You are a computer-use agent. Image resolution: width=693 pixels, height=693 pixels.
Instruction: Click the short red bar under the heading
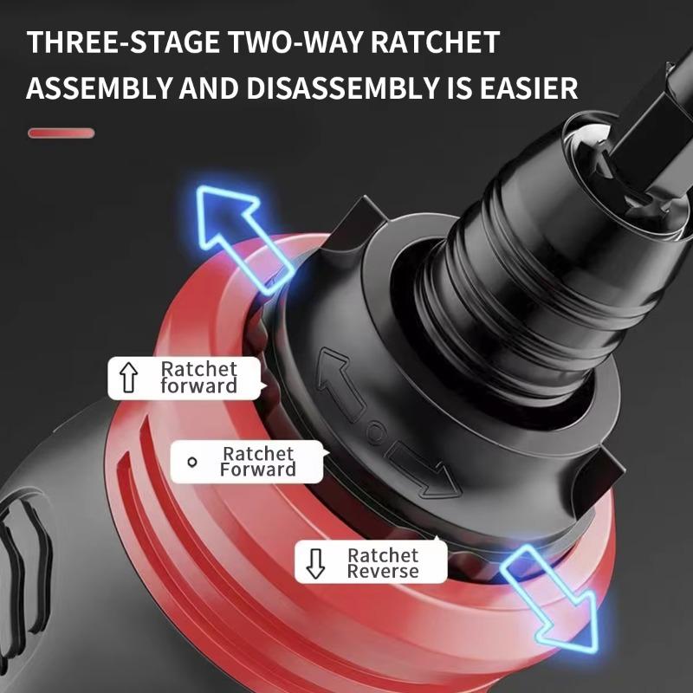point(61,133)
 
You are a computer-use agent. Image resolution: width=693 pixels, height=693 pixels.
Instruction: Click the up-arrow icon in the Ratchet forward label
point(129,379)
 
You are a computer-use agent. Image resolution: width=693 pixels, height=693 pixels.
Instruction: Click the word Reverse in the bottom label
point(383,572)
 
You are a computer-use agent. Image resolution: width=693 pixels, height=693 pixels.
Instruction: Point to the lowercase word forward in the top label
point(198,386)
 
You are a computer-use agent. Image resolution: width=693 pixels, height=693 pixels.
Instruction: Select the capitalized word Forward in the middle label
point(257,470)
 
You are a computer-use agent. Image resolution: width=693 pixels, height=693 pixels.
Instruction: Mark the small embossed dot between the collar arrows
point(374,428)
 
